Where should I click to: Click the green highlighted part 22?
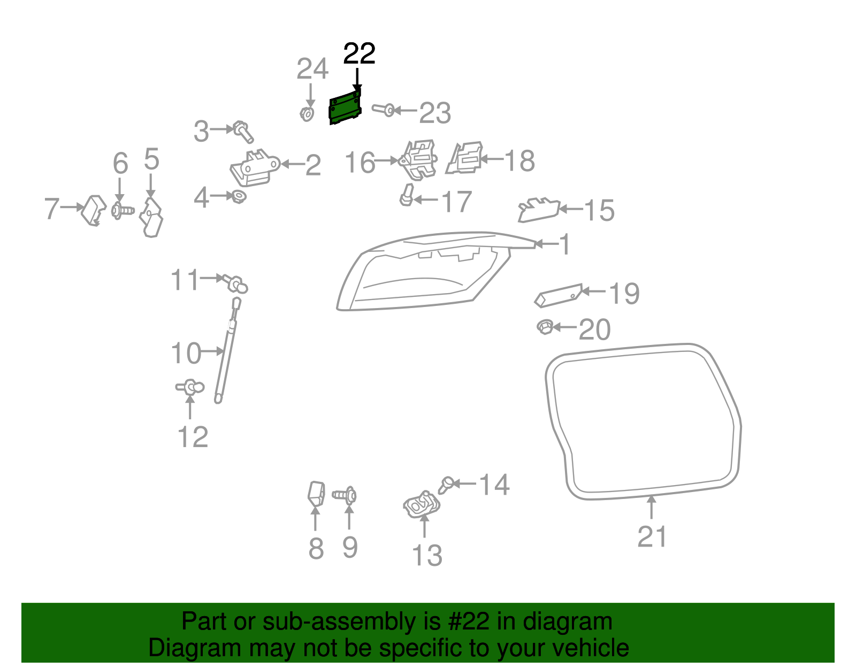344,109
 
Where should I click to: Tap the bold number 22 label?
359,53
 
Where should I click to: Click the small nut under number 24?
307,114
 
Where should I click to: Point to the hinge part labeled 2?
254,167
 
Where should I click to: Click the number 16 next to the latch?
360,163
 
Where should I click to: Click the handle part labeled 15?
538,210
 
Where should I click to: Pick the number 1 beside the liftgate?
565,244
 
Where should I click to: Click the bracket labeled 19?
558,296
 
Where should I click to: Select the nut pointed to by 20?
545,326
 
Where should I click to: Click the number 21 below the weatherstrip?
652,536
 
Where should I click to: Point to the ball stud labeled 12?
190,387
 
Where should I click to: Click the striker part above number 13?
422,504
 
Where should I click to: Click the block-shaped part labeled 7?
93,210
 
